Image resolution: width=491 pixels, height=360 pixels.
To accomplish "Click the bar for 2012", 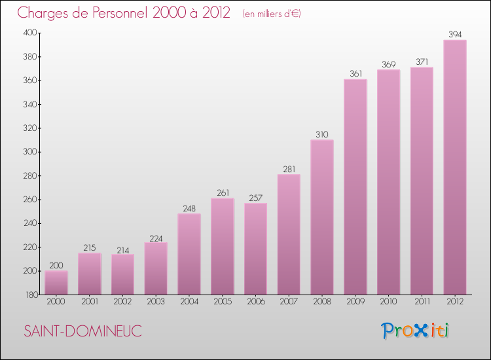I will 455,167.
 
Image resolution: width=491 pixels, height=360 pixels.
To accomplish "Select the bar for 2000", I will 56,282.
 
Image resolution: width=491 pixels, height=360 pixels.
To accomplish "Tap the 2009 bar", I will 355,187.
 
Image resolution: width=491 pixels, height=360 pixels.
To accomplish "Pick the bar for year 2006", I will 255,249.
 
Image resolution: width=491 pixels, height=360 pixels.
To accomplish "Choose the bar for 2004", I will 189,254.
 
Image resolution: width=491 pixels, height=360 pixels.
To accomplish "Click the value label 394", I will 455,34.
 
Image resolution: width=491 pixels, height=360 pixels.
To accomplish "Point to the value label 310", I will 322,134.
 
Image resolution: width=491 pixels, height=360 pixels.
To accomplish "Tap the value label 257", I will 255,197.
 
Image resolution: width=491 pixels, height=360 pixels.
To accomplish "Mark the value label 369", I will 388,63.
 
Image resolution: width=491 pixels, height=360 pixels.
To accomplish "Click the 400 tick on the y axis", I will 30,33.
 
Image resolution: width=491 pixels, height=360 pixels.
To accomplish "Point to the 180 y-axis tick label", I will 30,295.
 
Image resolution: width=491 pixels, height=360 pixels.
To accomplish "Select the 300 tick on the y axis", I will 30,152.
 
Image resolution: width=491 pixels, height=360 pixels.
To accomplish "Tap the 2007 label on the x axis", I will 289,302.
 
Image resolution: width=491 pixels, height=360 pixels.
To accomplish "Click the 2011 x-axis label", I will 422,302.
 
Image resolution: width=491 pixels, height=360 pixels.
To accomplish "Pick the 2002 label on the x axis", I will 122,302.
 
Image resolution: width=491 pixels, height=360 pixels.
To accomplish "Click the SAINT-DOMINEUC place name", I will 82,331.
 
